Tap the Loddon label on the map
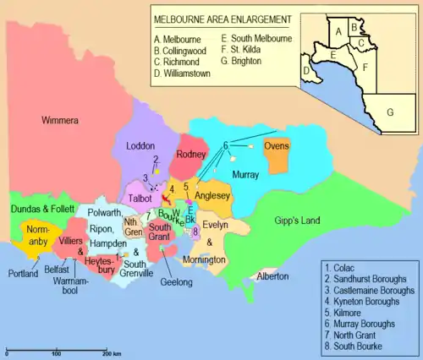(x=140, y=145)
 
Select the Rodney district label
(x=191, y=154)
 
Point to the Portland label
(x=23, y=273)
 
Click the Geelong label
(x=176, y=281)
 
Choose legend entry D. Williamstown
(x=184, y=74)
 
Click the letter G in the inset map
(x=390, y=112)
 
